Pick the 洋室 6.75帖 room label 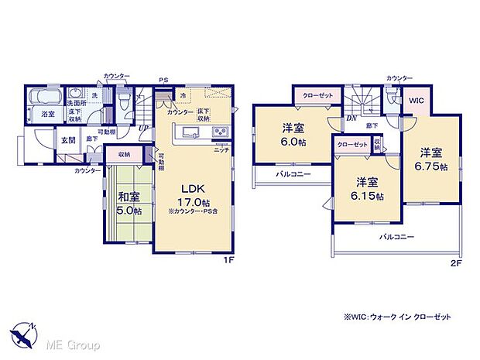(x=432, y=151)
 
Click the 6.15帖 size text (x=366, y=194)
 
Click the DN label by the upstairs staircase (x=350, y=118)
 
